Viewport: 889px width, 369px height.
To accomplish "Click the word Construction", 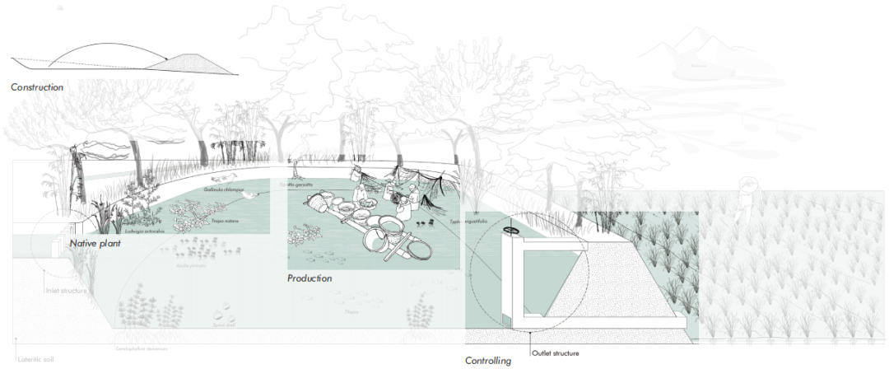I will [36, 86].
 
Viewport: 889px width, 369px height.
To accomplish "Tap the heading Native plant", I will [96, 244].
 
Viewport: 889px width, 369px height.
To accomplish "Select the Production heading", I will [310, 278].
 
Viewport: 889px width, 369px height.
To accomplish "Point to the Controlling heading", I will [488, 361].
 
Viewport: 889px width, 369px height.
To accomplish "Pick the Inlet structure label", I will [65, 290].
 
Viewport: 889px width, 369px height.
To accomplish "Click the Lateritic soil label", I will [37, 360].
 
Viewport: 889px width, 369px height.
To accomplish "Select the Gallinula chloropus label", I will [223, 189].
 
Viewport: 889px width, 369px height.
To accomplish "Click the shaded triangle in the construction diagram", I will [190, 63].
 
